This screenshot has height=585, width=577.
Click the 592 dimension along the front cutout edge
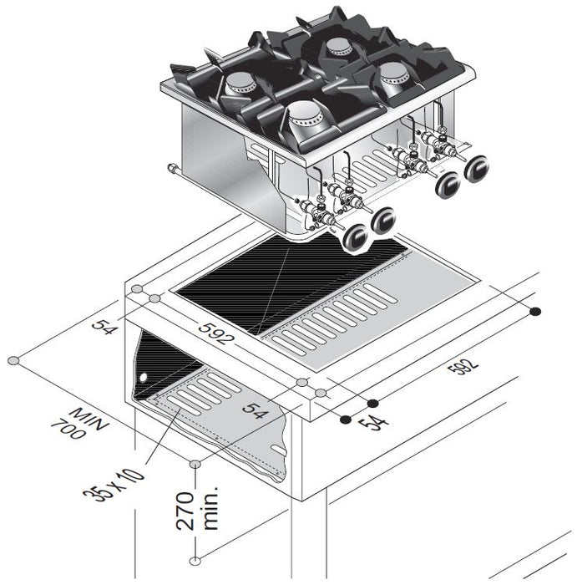tap(215, 332)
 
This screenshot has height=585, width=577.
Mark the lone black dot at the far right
tap(535, 312)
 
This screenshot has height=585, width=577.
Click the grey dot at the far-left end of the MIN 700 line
tap(13, 360)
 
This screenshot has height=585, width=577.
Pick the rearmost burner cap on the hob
tap(338, 46)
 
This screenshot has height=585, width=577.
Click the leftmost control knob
tap(357, 238)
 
